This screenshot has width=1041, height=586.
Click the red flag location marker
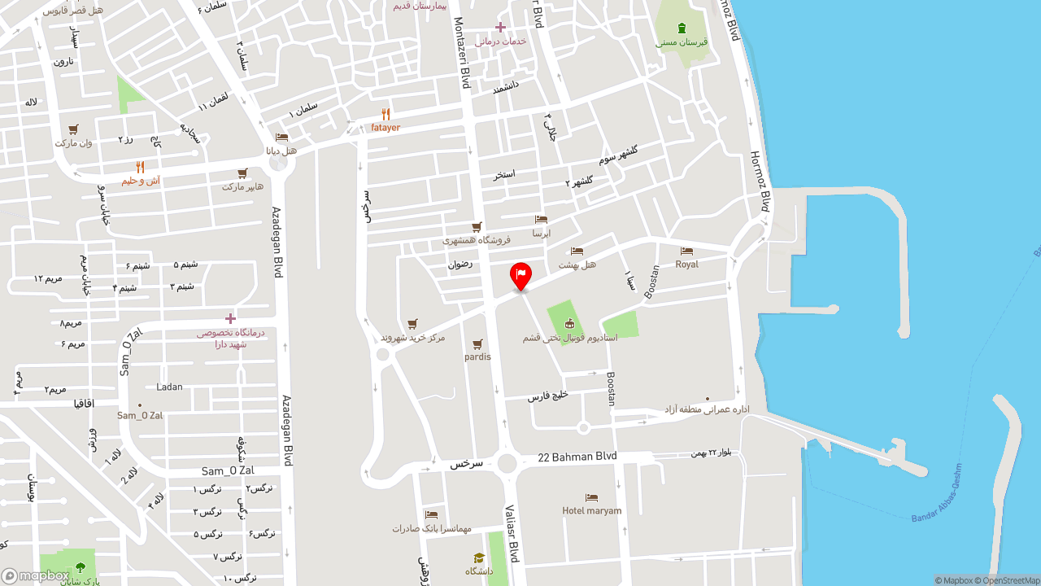pyautogui.click(x=520, y=275)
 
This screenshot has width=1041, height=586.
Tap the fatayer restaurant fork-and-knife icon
pyautogui.click(x=385, y=115)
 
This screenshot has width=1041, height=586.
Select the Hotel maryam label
pyautogui.click(x=591, y=510)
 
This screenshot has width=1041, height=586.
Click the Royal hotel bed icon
pyautogui.click(x=686, y=251)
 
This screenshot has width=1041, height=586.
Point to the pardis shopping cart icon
pyautogui.click(x=477, y=344)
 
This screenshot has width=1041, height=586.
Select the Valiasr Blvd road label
pyautogui.click(x=512, y=533)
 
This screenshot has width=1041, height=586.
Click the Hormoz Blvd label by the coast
pyautogui.click(x=760, y=181)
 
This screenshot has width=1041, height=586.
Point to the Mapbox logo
pyautogui.click(x=35, y=576)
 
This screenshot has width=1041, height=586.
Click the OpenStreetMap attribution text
pyautogui.click(x=1011, y=580)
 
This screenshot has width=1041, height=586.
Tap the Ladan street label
pyautogui.click(x=170, y=387)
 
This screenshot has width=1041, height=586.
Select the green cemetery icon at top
pyautogui.click(x=682, y=28)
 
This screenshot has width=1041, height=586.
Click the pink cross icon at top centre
pyautogui.click(x=500, y=27)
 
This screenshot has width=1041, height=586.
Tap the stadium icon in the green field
pyautogui.click(x=569, y=323)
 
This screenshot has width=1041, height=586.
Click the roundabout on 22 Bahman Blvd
pyautogui.click(x=507, y=464)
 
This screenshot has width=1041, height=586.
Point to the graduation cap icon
pyautogui.click(x=479, y=558)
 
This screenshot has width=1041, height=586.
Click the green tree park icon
pyautogui.click(x=80, y=567)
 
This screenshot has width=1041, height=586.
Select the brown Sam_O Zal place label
pyautogui.click(x=140, y=415)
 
